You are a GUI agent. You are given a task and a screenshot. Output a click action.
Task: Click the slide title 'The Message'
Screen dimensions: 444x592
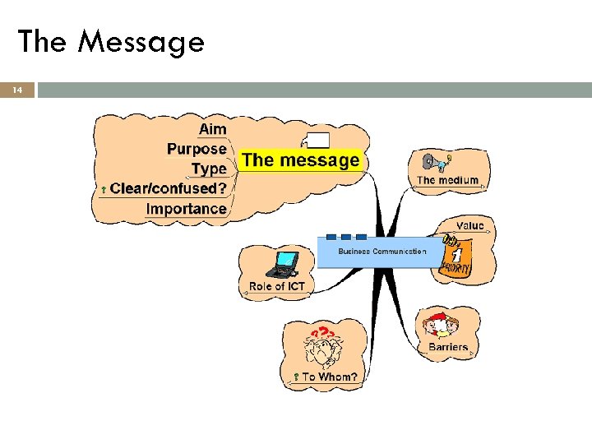111,40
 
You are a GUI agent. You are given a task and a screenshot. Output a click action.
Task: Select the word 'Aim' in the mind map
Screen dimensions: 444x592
212,129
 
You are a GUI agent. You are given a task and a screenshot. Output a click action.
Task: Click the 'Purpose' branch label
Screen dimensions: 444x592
197,149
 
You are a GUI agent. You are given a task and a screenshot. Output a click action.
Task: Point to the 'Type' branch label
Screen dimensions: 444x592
209,169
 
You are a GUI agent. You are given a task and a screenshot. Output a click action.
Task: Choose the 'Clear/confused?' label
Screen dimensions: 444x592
168,188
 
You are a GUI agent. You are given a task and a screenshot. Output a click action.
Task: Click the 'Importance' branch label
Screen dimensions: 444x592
186,208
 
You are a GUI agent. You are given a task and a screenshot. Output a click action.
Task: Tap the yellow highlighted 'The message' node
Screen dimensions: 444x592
301,160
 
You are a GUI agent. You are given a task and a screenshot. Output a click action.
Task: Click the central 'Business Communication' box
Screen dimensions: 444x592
382,252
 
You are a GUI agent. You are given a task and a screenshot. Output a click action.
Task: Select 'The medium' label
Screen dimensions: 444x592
447,180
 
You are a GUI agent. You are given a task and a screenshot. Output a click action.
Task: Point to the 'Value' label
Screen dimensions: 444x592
470,225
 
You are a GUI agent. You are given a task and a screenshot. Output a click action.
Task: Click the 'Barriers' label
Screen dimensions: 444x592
448,347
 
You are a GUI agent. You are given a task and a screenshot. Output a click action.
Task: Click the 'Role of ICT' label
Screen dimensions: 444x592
277,286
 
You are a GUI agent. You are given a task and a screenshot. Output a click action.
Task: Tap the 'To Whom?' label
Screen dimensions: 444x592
329,377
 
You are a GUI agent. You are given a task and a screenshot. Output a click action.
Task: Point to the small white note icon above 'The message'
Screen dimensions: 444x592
318,140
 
